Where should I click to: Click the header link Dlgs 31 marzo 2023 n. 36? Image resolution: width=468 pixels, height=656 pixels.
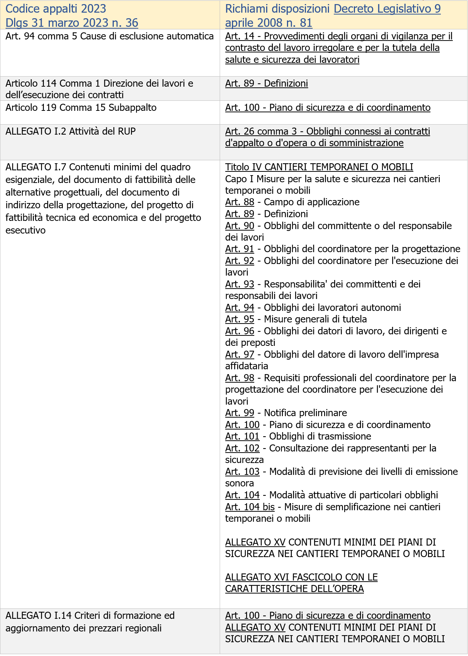[72, 23]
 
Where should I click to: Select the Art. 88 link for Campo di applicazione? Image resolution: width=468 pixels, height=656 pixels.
[239, 202]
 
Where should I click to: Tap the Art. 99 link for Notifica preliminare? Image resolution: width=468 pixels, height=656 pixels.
[239, 413]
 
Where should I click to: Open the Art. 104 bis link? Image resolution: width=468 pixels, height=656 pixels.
[250, 507]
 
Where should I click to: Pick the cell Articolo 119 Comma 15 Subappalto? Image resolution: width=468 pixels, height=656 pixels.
[81, 107]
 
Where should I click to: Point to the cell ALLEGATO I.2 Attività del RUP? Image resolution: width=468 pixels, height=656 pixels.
[71, 131]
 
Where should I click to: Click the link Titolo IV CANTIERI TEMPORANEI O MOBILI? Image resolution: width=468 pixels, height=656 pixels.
[319, 167]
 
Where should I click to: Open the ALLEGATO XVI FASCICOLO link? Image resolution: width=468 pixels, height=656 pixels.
[301, 583]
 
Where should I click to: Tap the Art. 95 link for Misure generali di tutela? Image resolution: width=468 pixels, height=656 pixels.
[239, 319]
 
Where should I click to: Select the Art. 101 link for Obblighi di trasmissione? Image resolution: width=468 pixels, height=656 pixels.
[242, 436]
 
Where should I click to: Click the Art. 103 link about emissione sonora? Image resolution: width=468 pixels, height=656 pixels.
[242, 472]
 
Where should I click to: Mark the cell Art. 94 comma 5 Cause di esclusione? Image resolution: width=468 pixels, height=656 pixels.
[110, 36]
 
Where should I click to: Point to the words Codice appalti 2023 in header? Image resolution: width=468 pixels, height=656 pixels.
[56, 9]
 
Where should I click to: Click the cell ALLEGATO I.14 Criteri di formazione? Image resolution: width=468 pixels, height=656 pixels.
[90, 622]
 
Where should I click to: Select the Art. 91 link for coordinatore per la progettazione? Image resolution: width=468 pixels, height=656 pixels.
[239, 249]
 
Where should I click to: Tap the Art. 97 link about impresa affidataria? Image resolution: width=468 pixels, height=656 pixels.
[239, 354]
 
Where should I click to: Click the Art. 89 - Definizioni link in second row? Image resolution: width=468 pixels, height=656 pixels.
[267, 83]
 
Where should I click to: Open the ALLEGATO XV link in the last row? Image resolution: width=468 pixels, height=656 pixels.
[255, 627]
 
